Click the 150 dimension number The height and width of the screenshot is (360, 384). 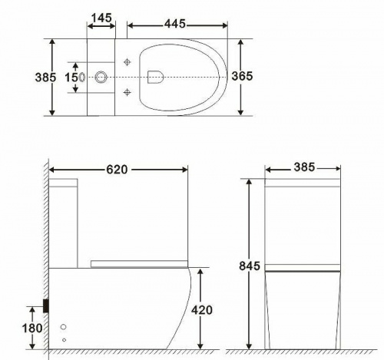point(72,77)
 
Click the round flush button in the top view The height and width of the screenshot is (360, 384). point(101,77)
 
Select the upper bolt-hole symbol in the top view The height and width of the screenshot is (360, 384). point(126,61)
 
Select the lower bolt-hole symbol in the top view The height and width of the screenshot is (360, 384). point(126,92)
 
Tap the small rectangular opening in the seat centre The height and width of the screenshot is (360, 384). point(154,76)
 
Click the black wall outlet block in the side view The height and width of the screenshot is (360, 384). point(48,305)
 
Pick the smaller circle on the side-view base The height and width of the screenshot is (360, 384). point(64,339)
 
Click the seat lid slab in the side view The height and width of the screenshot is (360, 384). point(138,263)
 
